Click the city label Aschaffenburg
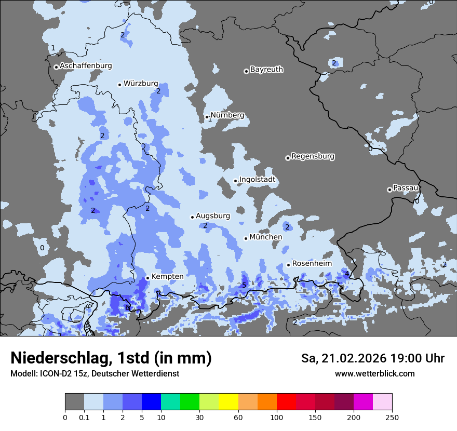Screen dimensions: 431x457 (x=86, y=66)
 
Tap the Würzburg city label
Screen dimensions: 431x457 (x=141, y=83)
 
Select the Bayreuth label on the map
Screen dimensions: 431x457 (x=266, y=69)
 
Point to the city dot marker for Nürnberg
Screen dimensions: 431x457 (x=207, y=117)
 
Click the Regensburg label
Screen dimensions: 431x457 (x=313, y=156)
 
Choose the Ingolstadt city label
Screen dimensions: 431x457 (x=257, y=180)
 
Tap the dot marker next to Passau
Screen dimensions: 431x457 (x=389, y=190)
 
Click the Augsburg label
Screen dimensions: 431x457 (x=212, y=216)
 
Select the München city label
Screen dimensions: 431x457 (x=266, y=237)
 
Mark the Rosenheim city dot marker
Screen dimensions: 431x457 (x=288, y=265)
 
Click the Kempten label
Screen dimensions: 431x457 (x=167, y=276)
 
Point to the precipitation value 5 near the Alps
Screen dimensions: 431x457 (x=244, y=285)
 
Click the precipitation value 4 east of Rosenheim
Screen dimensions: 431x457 (x=347, y=274)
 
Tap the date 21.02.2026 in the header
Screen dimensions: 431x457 (x=347, y=358)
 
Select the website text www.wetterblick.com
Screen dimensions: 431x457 (x=374, y=373)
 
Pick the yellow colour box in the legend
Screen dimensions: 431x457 (x=228, y=402)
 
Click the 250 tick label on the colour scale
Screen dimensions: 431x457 (x=392, y=417)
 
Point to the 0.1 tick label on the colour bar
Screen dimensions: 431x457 (x=84, y=417)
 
